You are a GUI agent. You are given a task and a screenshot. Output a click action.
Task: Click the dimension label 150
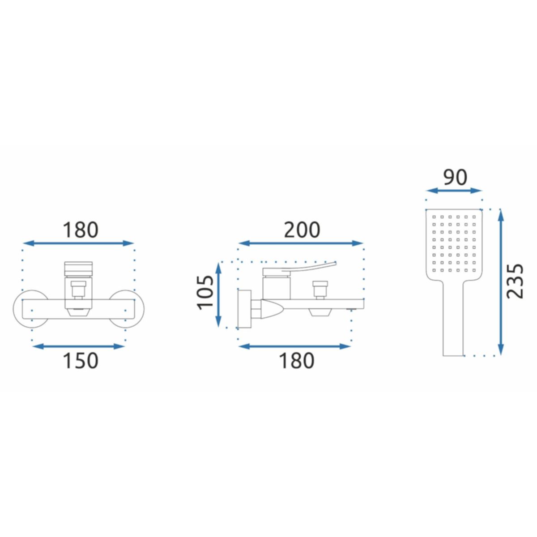(81, 361)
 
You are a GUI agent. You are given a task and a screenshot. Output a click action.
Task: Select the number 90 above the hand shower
(455, 177)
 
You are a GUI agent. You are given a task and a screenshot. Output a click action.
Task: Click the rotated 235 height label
(515, 281)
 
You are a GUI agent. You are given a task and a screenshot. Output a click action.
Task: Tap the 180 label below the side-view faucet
(297, 361)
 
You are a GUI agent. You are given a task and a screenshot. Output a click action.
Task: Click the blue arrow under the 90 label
(454, 191)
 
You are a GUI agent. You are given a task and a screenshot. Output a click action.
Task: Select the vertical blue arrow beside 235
(501, 282)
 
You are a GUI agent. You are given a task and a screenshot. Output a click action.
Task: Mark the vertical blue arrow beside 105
(218, 295)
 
